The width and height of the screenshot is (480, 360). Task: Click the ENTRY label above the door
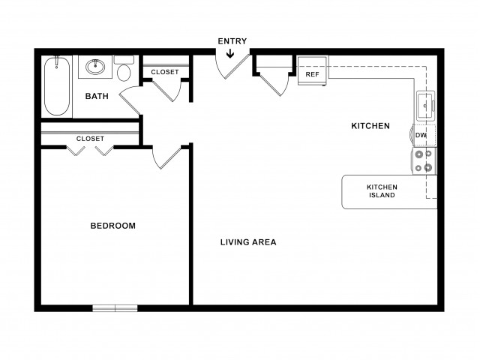point(232,41)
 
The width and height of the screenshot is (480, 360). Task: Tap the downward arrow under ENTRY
point(230,53)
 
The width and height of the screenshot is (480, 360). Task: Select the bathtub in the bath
point(57,86)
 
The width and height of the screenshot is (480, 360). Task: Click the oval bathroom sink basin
point(95,67)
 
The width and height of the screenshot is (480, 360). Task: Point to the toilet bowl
point(124,73)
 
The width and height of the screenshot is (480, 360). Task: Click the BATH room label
point(97,96)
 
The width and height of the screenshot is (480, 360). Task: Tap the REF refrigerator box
point(312,70)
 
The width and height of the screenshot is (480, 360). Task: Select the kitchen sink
point(425,106)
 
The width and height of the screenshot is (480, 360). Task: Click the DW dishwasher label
point(421,135)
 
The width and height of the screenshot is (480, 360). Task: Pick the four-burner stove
point(424,161)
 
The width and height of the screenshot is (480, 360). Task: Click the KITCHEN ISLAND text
point(382,191)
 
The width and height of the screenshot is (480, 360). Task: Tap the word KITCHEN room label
point(370,126)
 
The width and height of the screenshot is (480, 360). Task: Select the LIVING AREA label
point(248,242)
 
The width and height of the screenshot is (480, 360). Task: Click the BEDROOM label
point(113,226)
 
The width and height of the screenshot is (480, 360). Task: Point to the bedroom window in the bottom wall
point(115,308)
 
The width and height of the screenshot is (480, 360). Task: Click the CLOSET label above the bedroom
point(90,139)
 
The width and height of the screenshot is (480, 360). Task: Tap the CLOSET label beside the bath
point(165,72)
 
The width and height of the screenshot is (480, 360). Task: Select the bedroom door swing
point(166,157)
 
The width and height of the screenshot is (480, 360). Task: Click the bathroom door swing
point(130,100)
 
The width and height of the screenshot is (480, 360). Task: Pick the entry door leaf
point(237,67)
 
